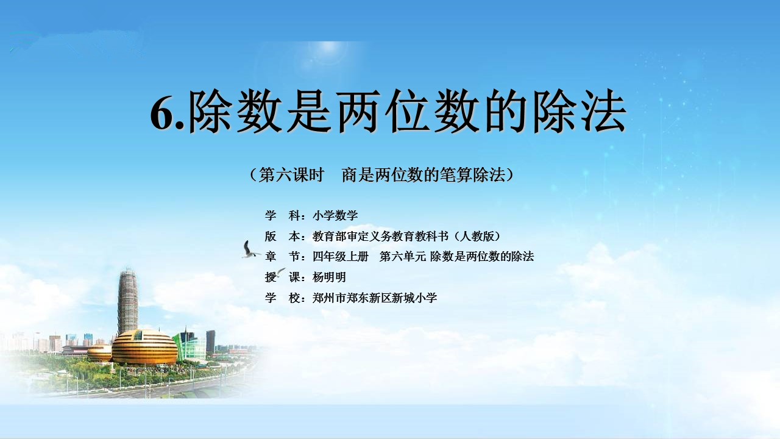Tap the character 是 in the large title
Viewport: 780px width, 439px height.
[309, 112]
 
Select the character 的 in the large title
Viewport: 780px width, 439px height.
[506, 112]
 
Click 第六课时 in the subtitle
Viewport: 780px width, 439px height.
[291, 175]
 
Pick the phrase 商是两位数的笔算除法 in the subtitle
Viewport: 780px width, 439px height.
[424, 175]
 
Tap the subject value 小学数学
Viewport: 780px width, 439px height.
[335, 216]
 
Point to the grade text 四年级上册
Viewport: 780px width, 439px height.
[341, 257]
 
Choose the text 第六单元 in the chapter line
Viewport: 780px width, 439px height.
[403, 257]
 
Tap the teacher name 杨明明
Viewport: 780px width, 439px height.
[329, 277]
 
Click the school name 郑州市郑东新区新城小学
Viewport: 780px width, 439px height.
[375, 298]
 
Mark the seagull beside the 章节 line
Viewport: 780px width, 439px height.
[250, 249]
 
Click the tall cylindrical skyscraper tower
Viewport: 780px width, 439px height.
[128, 301]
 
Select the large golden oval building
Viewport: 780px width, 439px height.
[144, 347]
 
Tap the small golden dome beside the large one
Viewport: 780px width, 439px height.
[99, 353]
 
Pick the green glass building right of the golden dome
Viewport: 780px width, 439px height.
[190, 345]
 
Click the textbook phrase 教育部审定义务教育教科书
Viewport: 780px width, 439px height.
[380, 236]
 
